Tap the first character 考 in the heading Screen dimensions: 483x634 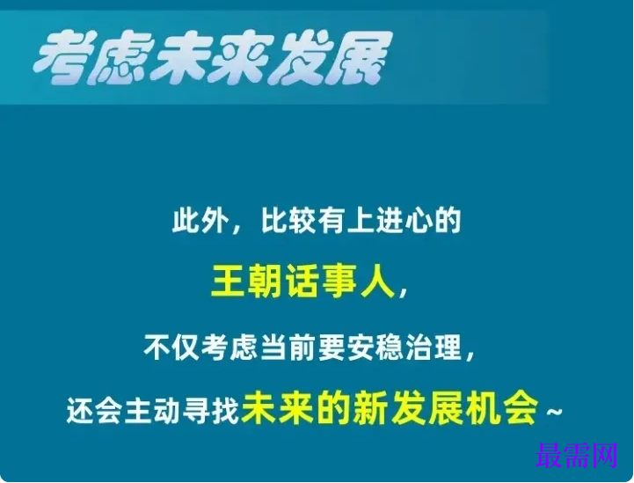tap(63, 59)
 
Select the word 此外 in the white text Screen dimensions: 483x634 tap(194, 221)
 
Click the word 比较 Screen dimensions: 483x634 tap(284, 221)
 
